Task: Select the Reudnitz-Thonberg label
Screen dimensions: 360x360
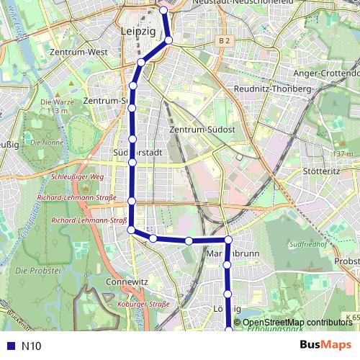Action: click(x=273, y=89)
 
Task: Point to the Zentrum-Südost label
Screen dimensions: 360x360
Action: click(x=202, y=129)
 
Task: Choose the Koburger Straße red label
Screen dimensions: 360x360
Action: click(x=143, y=305)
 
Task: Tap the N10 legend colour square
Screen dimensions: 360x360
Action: click(x=9, y=346)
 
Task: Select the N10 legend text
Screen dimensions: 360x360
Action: click(x=31, y=346)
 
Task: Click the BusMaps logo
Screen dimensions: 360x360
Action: click(x=325, y=345)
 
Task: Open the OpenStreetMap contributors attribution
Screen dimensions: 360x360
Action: click(x=297, y=323)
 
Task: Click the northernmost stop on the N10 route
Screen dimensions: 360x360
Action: click(x=163, y=11)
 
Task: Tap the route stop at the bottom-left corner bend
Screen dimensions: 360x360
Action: click(x=131, y=230)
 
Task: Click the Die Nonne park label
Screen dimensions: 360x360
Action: click(x=52, y=143)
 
